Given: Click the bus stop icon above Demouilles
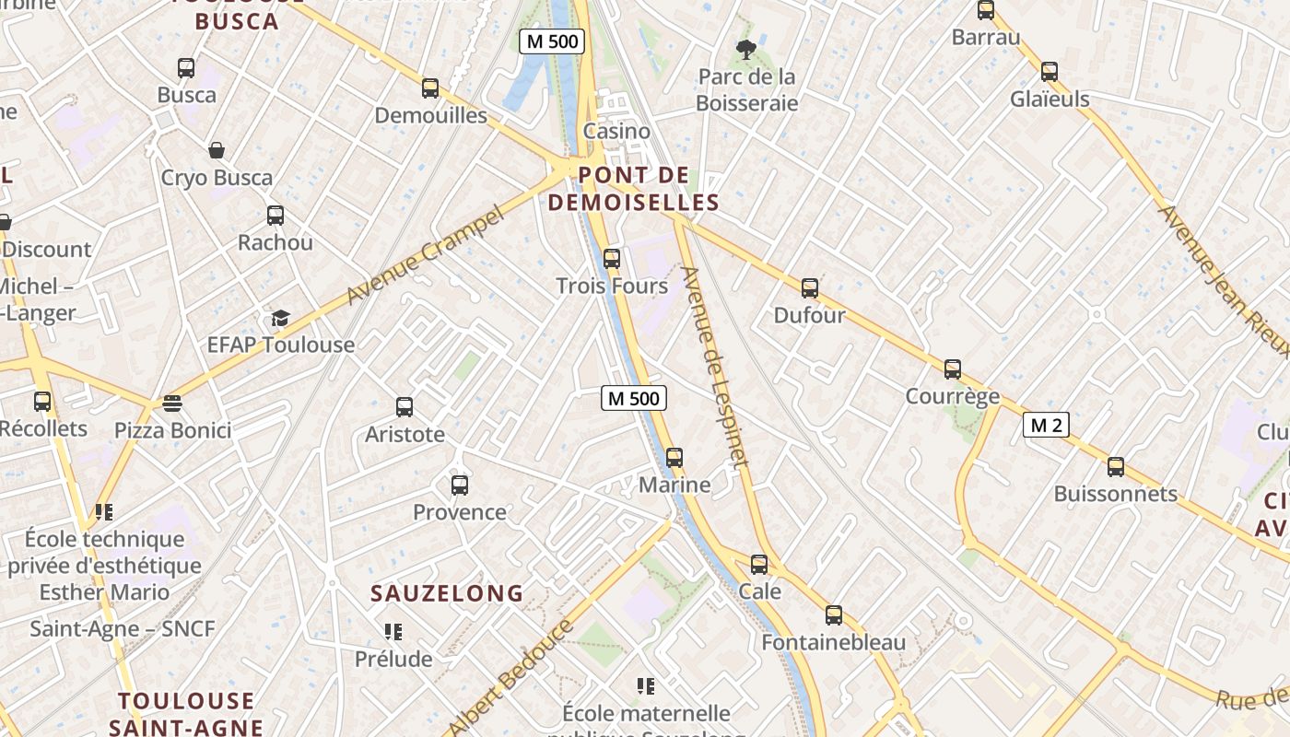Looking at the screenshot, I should point(430,88).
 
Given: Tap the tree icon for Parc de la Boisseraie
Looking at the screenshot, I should point(746,50).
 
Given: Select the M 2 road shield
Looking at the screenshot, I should point(1046,425).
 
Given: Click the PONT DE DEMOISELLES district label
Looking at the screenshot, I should point(633,189).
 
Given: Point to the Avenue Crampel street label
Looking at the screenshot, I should point(426,255).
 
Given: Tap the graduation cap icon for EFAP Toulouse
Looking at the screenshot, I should point(280,319).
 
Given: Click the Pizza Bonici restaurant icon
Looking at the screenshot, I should point(172,404).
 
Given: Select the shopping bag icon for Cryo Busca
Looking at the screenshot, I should point(217,150).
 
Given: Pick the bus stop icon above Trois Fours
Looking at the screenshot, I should point(612,259).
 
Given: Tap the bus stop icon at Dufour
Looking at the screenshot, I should point(810,288).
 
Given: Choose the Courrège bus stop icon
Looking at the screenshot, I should point(953,369).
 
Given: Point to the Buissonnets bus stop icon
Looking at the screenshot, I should point(1116,467).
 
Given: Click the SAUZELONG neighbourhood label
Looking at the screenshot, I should point(447,593).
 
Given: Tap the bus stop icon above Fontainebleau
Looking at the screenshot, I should point(834,615).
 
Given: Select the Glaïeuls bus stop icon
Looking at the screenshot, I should point(1050,72).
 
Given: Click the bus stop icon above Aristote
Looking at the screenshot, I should point(405,407).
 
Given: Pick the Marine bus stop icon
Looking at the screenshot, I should point(674,458).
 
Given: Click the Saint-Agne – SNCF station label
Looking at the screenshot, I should point(123,629).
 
